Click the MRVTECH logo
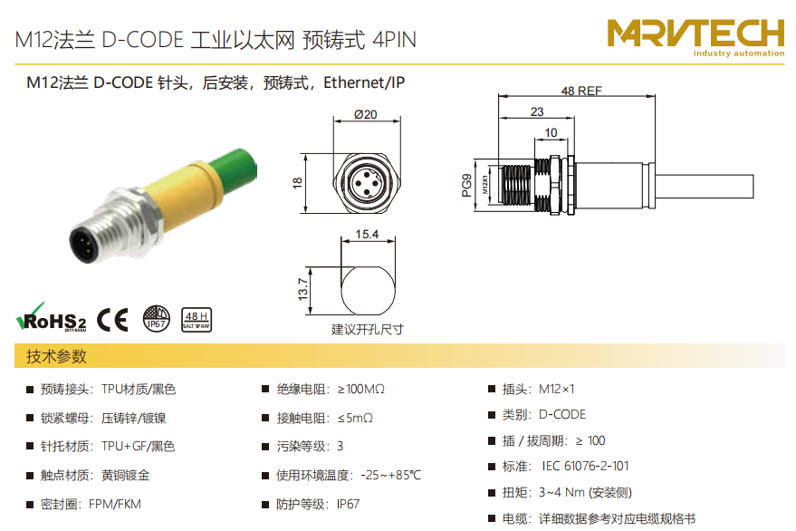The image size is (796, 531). (x=696, y=37)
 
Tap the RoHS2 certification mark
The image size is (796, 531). (x=52, y=317)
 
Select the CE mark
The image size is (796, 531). (x=112, y=320)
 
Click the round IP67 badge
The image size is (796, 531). (x=157, y=319)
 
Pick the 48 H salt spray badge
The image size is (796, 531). (x=197, y=320)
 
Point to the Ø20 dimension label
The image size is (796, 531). (x=366, y=114)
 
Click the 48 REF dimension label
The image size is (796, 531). (x=581, y=91)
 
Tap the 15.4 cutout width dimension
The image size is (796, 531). (x=367, y=235)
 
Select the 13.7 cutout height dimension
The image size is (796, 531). (x=302, y=289)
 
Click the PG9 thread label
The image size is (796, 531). (x=466, y=185)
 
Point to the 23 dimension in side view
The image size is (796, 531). (x=537, y=111)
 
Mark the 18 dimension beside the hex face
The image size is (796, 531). (x=298, y=183)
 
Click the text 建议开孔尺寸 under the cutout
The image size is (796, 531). (x=368, y=330)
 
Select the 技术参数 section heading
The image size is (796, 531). (x=56, y=356)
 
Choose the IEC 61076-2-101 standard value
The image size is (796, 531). (x=585, y=466)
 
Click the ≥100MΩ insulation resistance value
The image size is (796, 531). (x=361, y=390)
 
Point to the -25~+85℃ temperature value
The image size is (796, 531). (x=391, y=475)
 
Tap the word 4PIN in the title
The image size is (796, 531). (x=395, y=40)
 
